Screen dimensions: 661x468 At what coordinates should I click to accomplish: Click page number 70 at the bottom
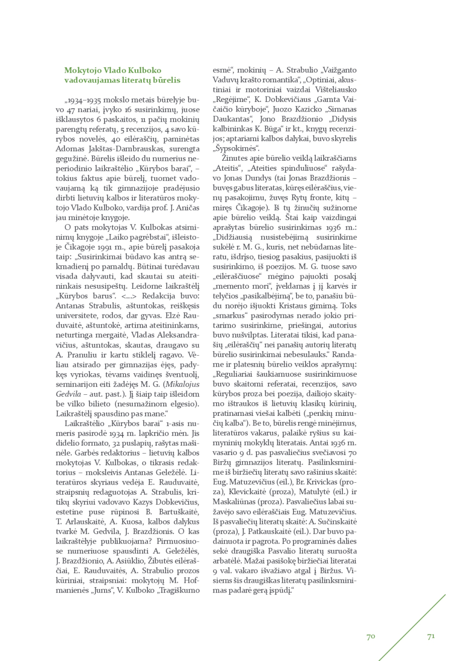371,636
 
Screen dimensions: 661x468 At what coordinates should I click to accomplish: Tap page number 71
431,636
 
